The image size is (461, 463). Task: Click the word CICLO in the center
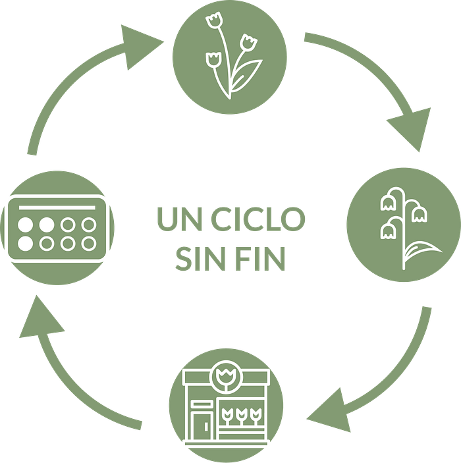coord(258,219)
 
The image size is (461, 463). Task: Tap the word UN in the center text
coord(182,219)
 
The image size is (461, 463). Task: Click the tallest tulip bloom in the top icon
coord(214,20)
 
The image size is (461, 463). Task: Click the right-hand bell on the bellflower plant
coord(420,214)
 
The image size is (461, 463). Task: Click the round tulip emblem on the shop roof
coord(226,377)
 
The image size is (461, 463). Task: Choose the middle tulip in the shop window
coord(242,414)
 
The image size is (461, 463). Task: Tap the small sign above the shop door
coord(202,404)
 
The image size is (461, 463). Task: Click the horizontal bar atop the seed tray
coord(57,207)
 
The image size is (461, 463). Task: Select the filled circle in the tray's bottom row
coord(26,244)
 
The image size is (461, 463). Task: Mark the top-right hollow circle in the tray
coord(89,225)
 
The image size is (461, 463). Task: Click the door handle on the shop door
coord(206,426)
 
